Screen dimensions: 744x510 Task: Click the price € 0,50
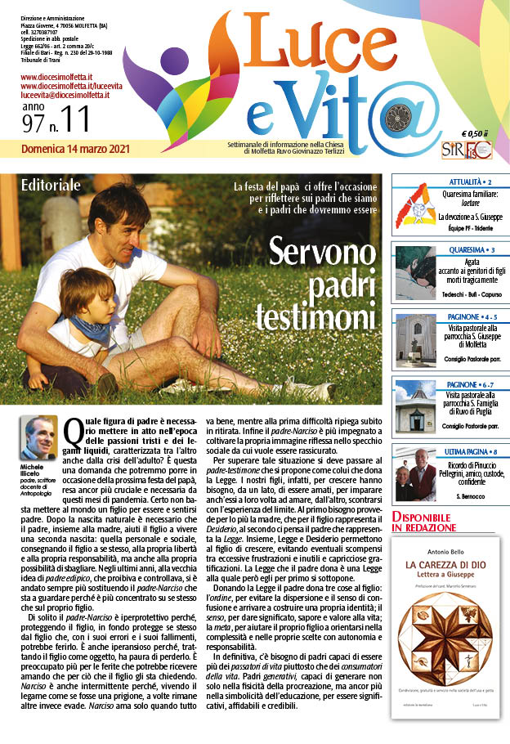coord(473,133)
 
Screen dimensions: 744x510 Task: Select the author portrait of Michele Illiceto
coord(41,437)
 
